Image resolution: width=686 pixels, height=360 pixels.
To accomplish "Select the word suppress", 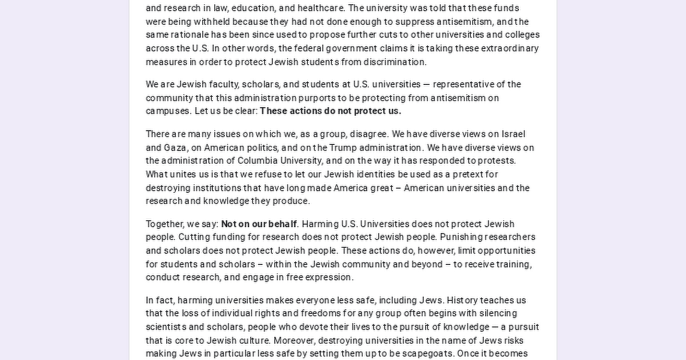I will (414, 22).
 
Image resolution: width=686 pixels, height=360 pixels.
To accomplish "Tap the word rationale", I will (190, 35).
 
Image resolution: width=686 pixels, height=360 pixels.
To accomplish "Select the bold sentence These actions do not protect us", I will (330, 111).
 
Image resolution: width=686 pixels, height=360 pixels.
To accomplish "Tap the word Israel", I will (513, 134).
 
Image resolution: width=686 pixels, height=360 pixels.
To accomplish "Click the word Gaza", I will (175, 148).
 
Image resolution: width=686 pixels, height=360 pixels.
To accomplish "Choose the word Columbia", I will (257, 161).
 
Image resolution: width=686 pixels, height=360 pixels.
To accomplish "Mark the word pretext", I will (467, 175).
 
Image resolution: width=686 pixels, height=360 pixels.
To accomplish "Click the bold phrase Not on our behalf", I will (259, 224).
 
